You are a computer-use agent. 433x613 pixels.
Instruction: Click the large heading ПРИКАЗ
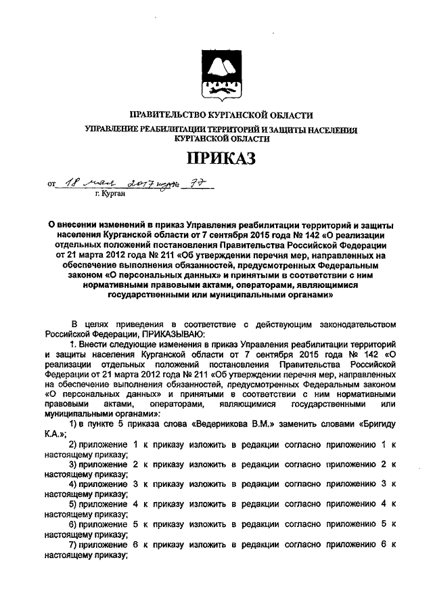(x=216, y=159)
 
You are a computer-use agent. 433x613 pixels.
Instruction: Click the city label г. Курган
(x=110, y=193)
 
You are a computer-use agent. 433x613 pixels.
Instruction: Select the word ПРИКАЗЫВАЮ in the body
(x=176, y=334)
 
